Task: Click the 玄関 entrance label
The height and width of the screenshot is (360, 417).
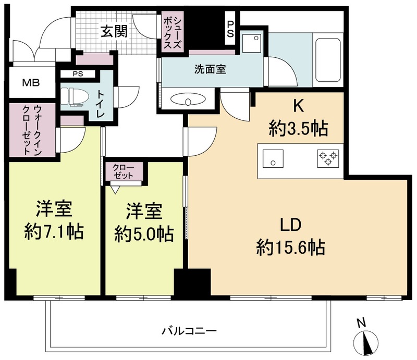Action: [114, 32]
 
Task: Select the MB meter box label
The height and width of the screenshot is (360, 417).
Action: [30, 83]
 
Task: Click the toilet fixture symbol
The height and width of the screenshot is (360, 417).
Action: [72, 97]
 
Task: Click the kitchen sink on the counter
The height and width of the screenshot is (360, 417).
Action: [272, 158]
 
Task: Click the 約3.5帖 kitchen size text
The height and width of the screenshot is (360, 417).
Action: [298, 127]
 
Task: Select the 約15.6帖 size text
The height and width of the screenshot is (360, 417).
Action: [290, 247]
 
